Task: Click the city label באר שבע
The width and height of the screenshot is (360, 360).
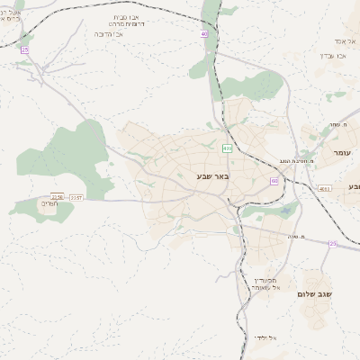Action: click(x=213, y=176)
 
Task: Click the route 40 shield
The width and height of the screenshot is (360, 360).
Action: click(x=204, y=33)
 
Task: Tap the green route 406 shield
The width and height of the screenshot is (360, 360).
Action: click(x=227, y=148)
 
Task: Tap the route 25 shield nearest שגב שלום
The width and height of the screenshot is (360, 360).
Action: click(x=332, y=244)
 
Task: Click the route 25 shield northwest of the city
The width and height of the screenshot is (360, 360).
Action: click(x=24, y=50)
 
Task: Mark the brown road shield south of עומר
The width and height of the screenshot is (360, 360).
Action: click(x=323, y=188)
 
